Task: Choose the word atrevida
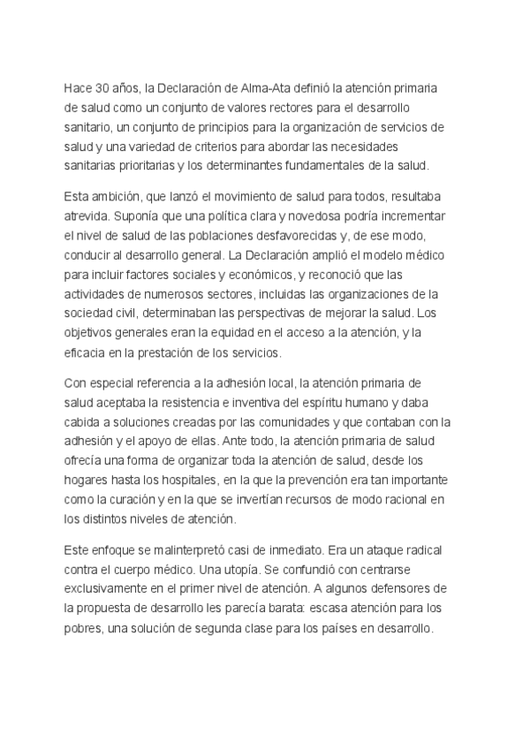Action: pos(87,216)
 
